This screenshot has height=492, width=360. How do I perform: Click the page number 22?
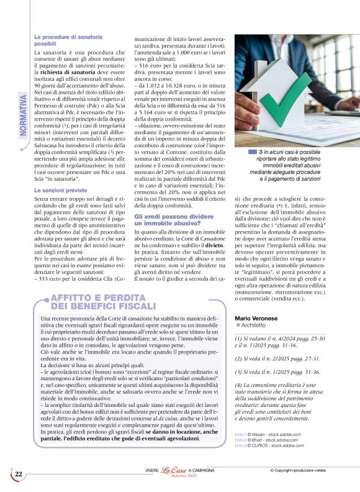pyautogui.click(x=19, y=475)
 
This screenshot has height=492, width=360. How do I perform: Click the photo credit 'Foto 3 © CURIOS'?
pyautogui.click(x=269, y=445)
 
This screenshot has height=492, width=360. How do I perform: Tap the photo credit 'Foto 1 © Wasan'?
pyautogui.click(x=269, y=434)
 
